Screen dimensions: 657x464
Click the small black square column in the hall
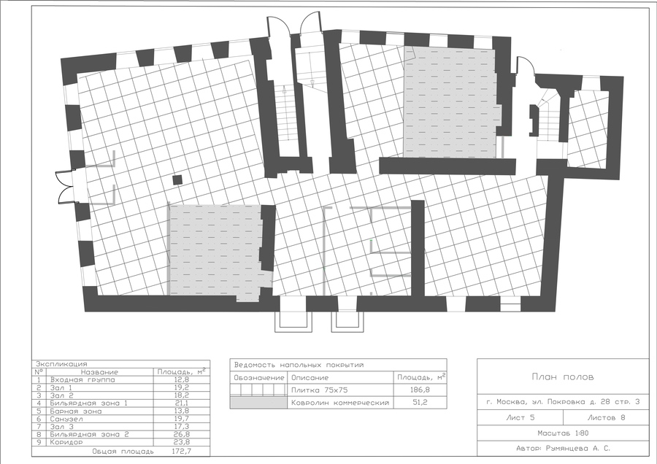[x=177, y=180]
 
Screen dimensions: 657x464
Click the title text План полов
[x=563, y=377]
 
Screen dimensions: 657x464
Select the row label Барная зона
[x=75, y=411]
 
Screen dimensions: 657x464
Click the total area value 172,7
[x=181, y=452]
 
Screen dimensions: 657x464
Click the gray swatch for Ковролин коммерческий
[x=258, y=403]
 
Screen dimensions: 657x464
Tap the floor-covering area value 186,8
[x=420, y=390]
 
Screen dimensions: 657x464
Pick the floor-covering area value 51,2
[x=420, y=403]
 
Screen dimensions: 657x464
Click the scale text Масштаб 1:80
[x=563, y=433]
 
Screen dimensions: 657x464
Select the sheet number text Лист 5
[x=520, y=417]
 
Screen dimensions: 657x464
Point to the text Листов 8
[x=607, y=417]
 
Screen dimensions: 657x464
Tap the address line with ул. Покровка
[x=563, y=402]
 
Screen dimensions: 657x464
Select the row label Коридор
[x=66, y=442]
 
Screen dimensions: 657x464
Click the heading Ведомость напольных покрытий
[x=299, y=365]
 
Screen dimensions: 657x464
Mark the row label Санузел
[x=66, y=419]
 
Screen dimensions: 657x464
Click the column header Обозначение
[x=258, y=378]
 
